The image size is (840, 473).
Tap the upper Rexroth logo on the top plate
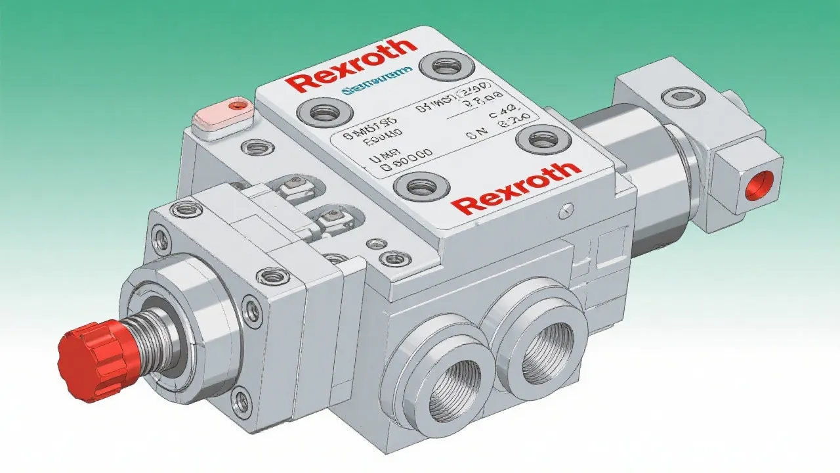(352, 65)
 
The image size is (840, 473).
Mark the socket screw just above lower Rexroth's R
(420, 187)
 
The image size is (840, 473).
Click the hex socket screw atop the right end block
(683, 98)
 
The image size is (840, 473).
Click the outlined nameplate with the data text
(433, 138)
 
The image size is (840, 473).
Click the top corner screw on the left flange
(178, 210)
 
